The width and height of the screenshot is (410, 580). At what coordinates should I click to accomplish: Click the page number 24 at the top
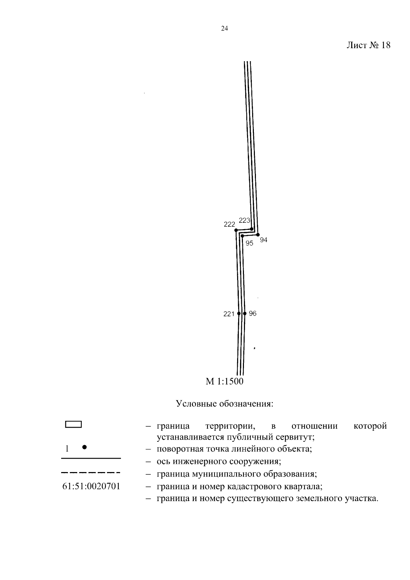(224, 29)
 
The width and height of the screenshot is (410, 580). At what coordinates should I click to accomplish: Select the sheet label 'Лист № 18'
(368, 45)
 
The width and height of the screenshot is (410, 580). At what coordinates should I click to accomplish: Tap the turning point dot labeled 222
(236, 230)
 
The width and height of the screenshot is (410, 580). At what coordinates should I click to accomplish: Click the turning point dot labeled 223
(251, 229)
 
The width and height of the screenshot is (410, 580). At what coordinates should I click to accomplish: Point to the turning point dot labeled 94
(258, 235)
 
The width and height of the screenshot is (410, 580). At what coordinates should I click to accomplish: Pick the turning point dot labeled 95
(242, 236)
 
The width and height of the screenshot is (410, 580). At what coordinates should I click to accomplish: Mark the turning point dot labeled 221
(239, 313)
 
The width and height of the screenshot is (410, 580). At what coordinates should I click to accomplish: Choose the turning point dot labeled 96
(245, 313)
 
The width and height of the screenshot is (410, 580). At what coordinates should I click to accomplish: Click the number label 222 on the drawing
(229, 224)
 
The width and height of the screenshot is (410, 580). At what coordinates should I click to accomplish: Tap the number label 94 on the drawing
(263, 240)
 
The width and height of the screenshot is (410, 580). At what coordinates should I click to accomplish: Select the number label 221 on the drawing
(229, 314)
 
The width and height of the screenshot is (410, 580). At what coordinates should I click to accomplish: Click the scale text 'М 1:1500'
(224, 382)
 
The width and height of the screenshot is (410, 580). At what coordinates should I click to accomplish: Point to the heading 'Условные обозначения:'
(224, 404)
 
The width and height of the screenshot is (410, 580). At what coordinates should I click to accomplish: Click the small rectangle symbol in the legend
(73, 424)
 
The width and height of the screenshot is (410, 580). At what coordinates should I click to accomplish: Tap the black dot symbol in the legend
(84, 447)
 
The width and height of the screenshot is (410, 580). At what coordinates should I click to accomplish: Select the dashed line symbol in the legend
(91, 473)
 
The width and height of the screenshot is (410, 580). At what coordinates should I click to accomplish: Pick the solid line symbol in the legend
(91, 458)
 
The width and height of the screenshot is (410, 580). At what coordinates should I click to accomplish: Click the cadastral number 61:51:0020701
(91, 486)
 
